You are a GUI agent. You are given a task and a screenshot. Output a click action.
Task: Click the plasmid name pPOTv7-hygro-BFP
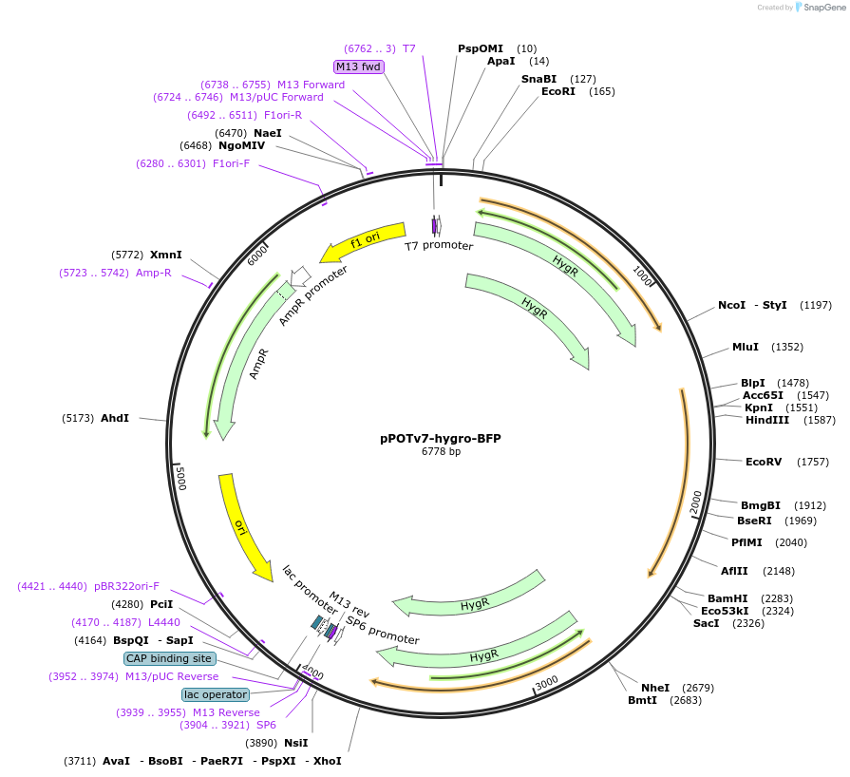[x=440, y=439]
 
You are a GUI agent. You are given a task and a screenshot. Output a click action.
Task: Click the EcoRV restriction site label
[x=764, y=462]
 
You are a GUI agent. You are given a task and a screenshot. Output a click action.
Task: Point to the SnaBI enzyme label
[x=538, y=79]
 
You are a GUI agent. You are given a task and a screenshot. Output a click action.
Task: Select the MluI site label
[x=746, y=348]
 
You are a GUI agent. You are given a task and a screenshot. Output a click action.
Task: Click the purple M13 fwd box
[x=358, y=66]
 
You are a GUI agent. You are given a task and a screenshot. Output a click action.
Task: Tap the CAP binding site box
[x=169, y=658]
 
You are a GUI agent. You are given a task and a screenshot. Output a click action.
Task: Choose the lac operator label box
[x=216, y=694]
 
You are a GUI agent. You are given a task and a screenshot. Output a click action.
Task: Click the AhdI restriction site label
[x=114, y=418]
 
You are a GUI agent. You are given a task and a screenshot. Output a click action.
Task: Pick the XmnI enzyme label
[x=165, y=255]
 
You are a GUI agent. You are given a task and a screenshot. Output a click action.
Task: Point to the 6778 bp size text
[x=441, y=452]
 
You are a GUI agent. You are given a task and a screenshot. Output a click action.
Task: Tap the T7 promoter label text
[x=439, y=245]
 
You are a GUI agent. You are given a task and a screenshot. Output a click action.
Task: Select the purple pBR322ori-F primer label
[x=126, y=586]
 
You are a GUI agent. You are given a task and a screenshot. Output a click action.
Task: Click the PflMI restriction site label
[x=746, y=542]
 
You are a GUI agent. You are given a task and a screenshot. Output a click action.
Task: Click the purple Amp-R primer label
[x=153, y=273]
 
